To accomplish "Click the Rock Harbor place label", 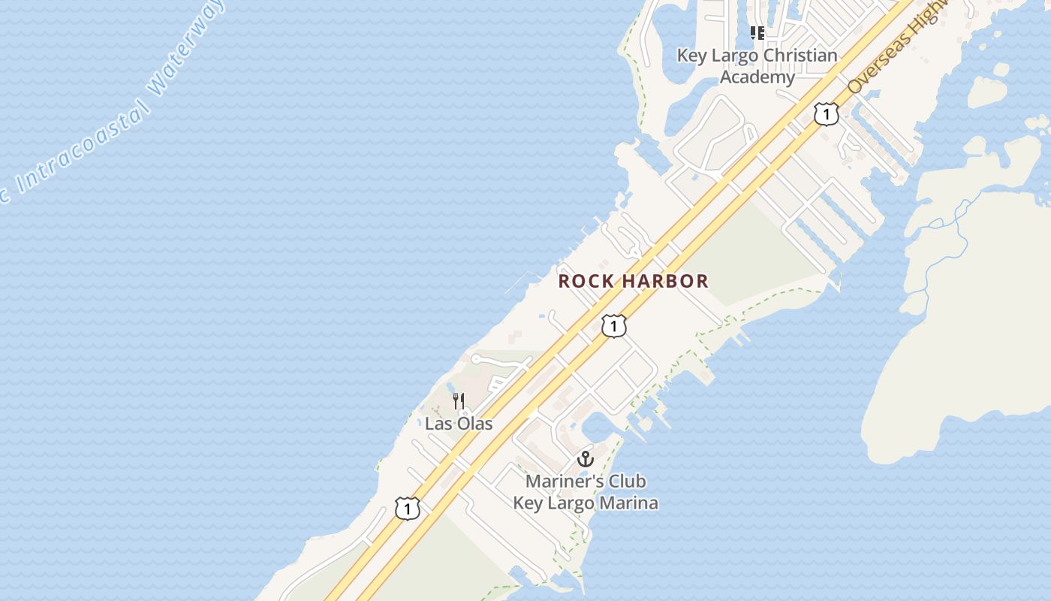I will (x=634, y=281).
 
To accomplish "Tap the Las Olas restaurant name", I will (x=459, y=423).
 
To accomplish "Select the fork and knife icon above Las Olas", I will (x=459, y=401).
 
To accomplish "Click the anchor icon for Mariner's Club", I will (x=586, y=459).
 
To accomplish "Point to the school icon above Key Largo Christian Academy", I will (x=757, y=33).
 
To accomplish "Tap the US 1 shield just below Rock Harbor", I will (x=614, y=326).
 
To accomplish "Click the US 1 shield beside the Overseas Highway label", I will (x=826, y=114).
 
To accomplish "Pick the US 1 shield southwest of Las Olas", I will (x=407, y=509).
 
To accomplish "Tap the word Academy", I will (x=757, y=77).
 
